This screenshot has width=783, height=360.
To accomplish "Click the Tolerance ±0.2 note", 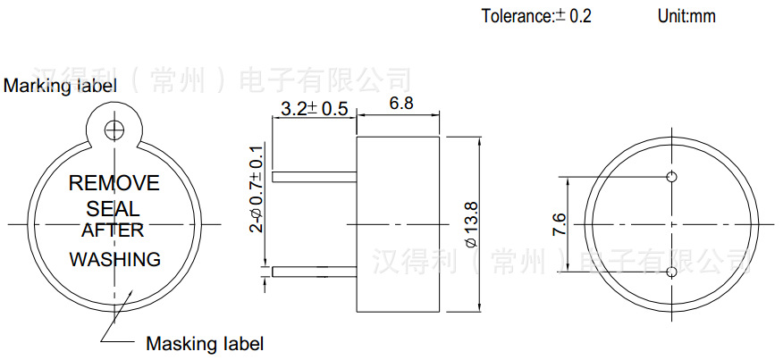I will pos(536,16).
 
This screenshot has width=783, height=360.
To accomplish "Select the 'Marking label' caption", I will pos(60,87).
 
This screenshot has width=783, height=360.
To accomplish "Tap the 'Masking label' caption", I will pos(205,343).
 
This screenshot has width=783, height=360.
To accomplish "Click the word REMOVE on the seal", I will pos(114,183).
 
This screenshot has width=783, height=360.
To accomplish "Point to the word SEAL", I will pos(114,209).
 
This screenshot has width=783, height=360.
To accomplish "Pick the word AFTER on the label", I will pos(113,230).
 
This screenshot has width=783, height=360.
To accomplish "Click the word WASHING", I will pos(115,260).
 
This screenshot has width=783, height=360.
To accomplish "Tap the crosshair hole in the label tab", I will pos(114,130).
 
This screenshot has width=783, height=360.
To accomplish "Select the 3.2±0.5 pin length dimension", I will pos(314,109).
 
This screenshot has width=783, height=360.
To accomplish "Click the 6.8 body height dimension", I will pos(401,104).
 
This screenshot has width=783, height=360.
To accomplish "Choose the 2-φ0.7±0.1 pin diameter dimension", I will pos(257,188).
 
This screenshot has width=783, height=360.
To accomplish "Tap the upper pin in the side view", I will pos(313,177).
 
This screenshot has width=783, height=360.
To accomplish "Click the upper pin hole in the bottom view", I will pos(672,176).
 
